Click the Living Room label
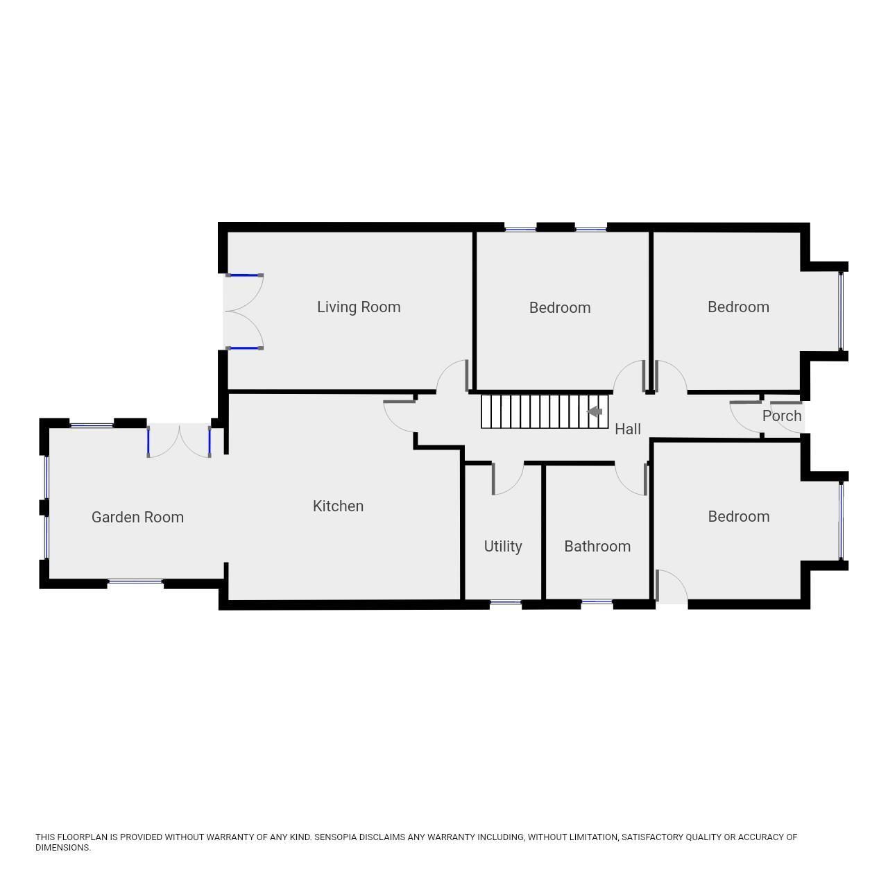(x=359, y=307)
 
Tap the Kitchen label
(x=338, y=506)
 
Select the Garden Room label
(x=137, y=517)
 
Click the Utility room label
(x=503, y=546)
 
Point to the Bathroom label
(x=597, y=546)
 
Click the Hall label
(x=628, y=429)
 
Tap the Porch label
(x=782, y=416)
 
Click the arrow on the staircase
(x=595, y=411)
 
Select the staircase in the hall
(x=544, y=411)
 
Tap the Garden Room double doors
(x=179, y=441)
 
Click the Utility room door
(x=506, y=479)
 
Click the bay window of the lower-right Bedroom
(x=841, y=520)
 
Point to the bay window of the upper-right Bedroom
(x=841, y=311)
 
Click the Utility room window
(x=505, y=603)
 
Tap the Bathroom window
(x=597, y=602)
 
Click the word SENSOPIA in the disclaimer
(x=336, y=837)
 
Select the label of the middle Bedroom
(x=560, y=307)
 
